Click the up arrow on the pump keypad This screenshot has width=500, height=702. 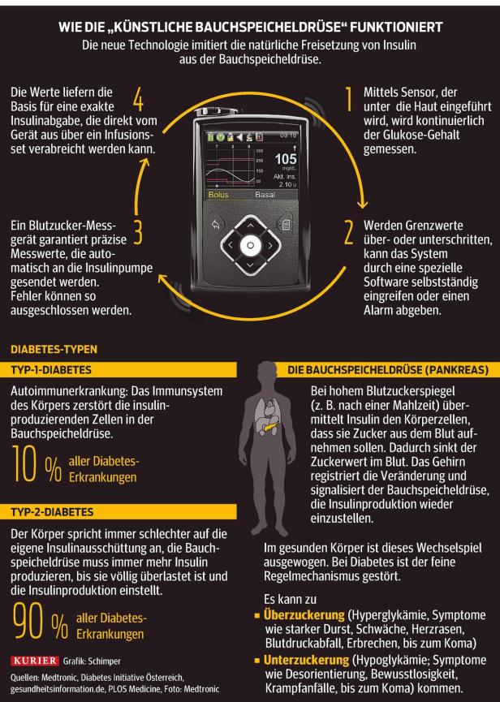coord(250,224)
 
